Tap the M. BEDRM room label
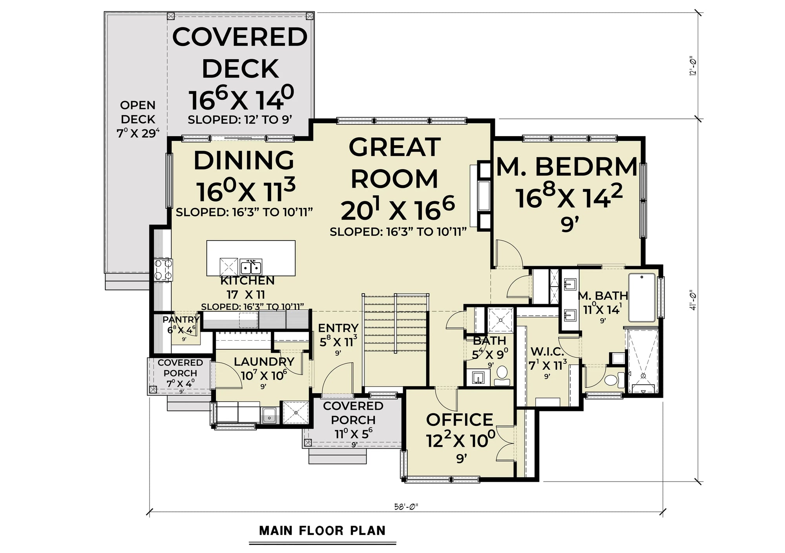click(x=567, y=167)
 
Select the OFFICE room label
click(x=459, y=420)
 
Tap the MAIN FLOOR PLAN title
click(x=322, y=531)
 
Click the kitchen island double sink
click(x=251, y=267)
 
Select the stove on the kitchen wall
click(x=162, y=270)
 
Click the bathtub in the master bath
click(x=642, y=297)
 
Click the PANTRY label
click(x=181, y=319)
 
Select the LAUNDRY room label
click(x=264, y=361)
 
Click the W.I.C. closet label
click(x=547, y=351)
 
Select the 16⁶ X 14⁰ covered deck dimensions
click(x=241, y=100)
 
